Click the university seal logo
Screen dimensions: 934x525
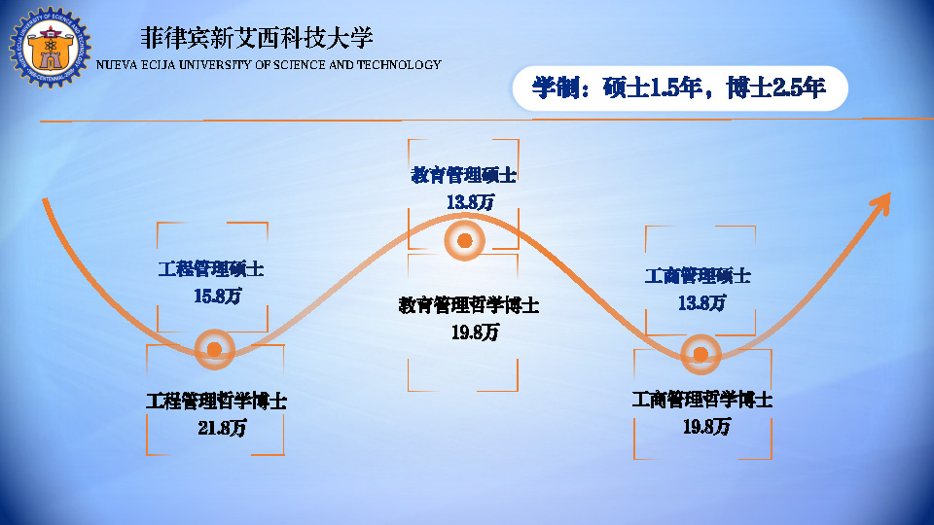coord(50,47)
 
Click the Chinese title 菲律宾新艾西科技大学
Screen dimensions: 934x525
coord(257,38)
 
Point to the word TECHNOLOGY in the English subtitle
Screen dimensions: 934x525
coord(399,64)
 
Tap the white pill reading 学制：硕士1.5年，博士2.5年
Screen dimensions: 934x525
coord(680,88)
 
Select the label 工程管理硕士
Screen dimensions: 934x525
coord(211,269)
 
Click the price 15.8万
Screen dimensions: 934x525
coord(217,296)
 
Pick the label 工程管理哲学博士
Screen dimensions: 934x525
coord(216,401)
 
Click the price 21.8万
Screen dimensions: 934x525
coord(222,428)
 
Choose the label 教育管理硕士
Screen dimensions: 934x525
coord(463,175)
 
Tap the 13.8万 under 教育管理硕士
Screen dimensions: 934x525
coord(471,202)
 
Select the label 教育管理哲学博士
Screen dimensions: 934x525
coord(469,305)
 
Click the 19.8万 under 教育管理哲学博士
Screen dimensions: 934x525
coord(475,332)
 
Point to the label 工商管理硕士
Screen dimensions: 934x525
coord(698,275)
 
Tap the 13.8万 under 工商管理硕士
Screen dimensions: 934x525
coord(702,303)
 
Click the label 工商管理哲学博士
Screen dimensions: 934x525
coord(702,400)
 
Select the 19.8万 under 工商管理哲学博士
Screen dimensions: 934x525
coord(707,426)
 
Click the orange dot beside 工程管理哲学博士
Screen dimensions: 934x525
coord(214,349)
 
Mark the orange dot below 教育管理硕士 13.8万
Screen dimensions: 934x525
coord(465,240)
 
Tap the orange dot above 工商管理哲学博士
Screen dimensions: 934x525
coord(700,355)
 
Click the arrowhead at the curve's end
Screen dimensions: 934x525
coord(882,202)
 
